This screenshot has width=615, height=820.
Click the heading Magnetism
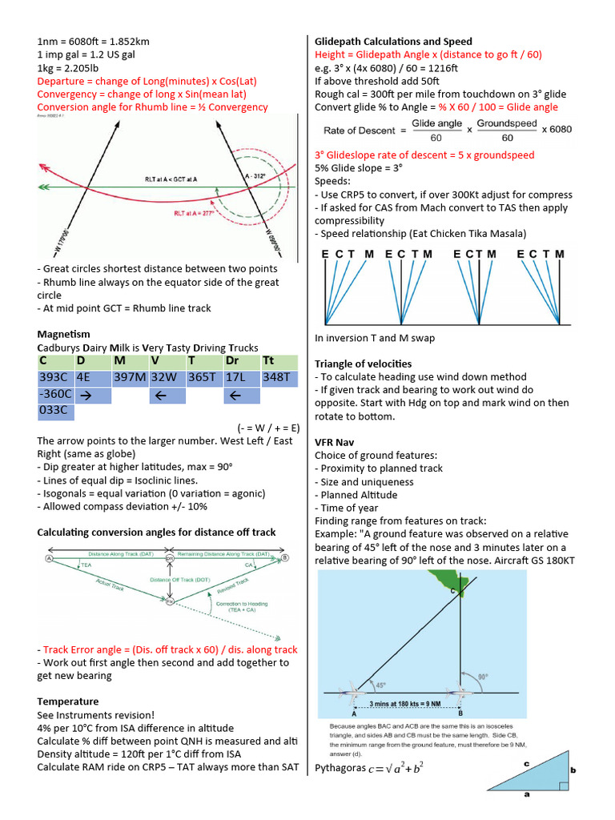pos(64,334)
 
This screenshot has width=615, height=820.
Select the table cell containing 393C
pos(54,378)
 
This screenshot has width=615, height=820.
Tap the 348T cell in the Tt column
pos(279,378)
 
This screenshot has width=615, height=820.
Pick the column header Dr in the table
pos(233,361)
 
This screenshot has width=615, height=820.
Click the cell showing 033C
pos(54,412)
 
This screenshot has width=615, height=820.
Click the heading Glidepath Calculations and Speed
pos(393,42)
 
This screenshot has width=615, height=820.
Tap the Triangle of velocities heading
pos(363,364)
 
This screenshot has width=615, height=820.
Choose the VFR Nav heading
pos(335,442)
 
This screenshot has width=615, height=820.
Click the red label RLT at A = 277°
pos(197,214)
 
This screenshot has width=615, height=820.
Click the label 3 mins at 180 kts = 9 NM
pos(407,704)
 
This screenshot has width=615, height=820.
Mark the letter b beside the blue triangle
pos(573,770)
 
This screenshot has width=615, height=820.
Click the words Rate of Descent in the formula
pos(359,131)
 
